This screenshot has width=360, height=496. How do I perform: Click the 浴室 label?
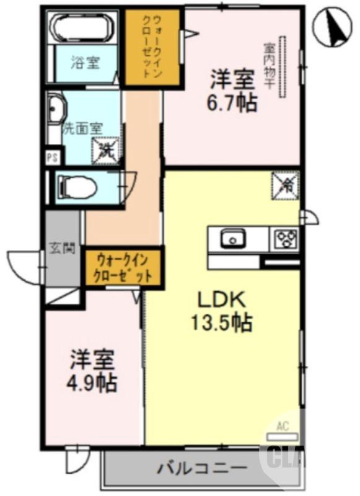pos(85,63)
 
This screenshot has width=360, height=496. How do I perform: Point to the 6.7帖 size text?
pos(232,102)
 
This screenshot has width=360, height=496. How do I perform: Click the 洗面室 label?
pos(82,130)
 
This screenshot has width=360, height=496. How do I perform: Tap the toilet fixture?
pos(77,185)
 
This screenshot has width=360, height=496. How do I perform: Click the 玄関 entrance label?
pos(62,249)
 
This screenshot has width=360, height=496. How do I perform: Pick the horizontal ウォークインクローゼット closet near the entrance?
pos(123,267)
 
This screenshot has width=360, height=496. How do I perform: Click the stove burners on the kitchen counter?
pos(286,238)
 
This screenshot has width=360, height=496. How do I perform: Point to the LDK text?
pos(223,300)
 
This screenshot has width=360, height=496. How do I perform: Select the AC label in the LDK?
pos(283,426)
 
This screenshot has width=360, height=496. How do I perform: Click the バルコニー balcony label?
pos(197,467)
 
